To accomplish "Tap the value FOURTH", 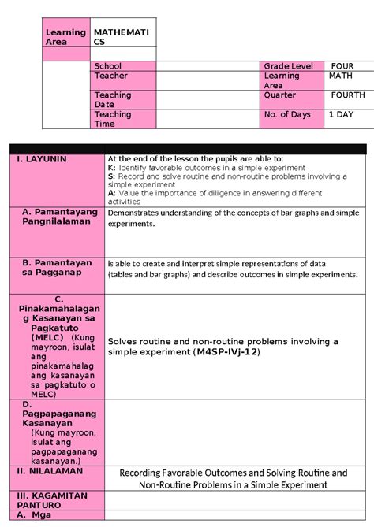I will point(347,95).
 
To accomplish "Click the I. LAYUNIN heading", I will point(40,159).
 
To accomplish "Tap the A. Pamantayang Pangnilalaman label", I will point(60,217).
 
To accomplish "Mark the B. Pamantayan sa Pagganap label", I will point(57,268).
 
